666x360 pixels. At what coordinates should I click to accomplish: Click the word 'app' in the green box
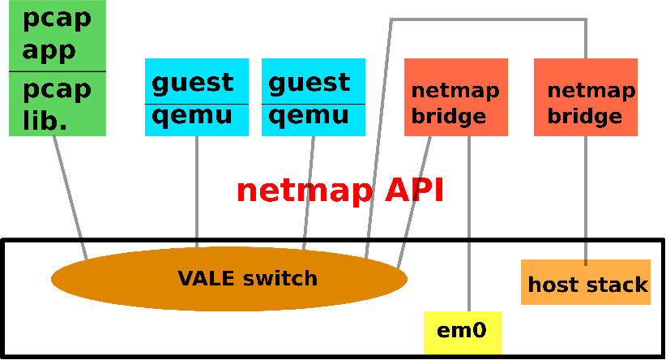click(x=49, y=50)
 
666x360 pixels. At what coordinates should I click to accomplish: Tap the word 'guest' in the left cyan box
click(x=192, y=82)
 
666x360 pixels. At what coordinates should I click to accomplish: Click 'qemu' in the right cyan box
click(x=309, y=115)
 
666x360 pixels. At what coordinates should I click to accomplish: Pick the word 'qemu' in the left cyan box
click(x=192, y=115)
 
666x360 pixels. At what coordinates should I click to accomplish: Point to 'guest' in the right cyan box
click(x=309, y=82)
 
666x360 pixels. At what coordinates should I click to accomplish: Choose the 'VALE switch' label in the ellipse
click(x=247, y=279)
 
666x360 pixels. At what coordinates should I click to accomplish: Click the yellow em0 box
click(x=463, y=332)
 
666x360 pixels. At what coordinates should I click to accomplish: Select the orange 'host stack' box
click(x=586, y=285)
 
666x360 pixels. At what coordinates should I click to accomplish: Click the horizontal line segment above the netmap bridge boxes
click(x=486, y=19)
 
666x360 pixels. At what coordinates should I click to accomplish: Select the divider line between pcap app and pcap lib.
click(x=58, y=72)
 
